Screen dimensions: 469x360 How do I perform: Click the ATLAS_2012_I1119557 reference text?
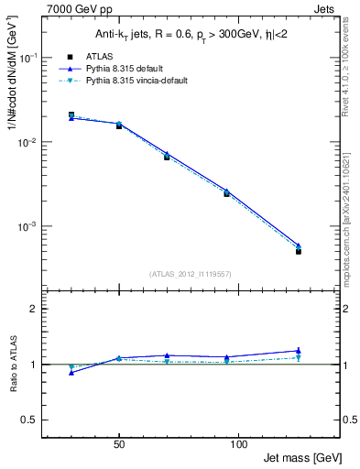click(190, 273)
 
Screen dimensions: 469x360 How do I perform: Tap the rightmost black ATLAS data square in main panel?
click(299, 251)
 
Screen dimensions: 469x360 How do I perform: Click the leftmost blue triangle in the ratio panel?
click(71, 372)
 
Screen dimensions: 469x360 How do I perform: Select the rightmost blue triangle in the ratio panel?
click(299, 350)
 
